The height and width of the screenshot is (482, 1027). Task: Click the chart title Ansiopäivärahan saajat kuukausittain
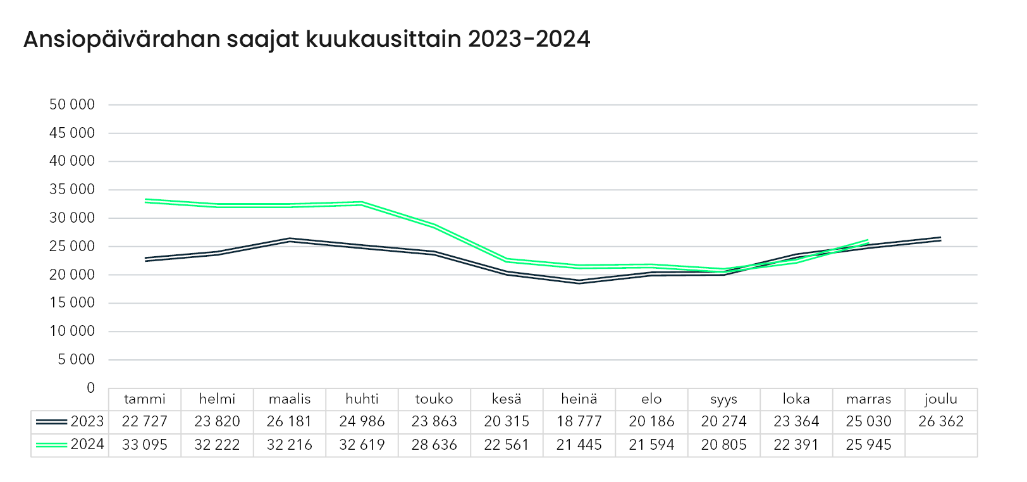[x=306, y=39]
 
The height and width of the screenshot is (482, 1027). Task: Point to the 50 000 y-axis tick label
[x=71, y=105]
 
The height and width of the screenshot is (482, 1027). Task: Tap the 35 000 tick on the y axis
[x=71, y=190]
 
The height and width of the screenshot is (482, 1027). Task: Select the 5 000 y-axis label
[x=76, y=360]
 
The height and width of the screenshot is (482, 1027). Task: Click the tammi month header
[x=145, y=399]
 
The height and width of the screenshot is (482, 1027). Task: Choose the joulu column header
[x=941, y=399]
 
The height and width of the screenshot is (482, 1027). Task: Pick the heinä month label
[x=579, y=399]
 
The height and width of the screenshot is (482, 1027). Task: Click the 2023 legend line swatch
[x=51, y=422]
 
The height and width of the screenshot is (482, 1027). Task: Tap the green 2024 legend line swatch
[x=51, y=445]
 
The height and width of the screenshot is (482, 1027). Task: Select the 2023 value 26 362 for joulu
[x=941, y=422]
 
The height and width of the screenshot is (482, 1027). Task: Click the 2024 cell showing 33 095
[x=145, y=445]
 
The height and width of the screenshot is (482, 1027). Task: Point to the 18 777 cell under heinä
[x=579, y=422]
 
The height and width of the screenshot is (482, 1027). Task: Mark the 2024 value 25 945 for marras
[x=868, y=445]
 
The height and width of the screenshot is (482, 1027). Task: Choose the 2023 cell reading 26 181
[x=290, y=422]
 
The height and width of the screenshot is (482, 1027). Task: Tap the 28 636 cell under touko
[x=434, y=445]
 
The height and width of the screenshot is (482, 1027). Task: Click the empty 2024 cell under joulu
[x=941, y=445]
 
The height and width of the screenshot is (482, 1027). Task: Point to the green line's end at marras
[x=868, y=241]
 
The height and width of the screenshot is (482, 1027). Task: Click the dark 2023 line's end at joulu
[x=940, y=239]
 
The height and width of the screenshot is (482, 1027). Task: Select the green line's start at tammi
[x=145, y=201]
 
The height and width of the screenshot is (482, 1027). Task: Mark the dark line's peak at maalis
[x=290, y=240]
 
